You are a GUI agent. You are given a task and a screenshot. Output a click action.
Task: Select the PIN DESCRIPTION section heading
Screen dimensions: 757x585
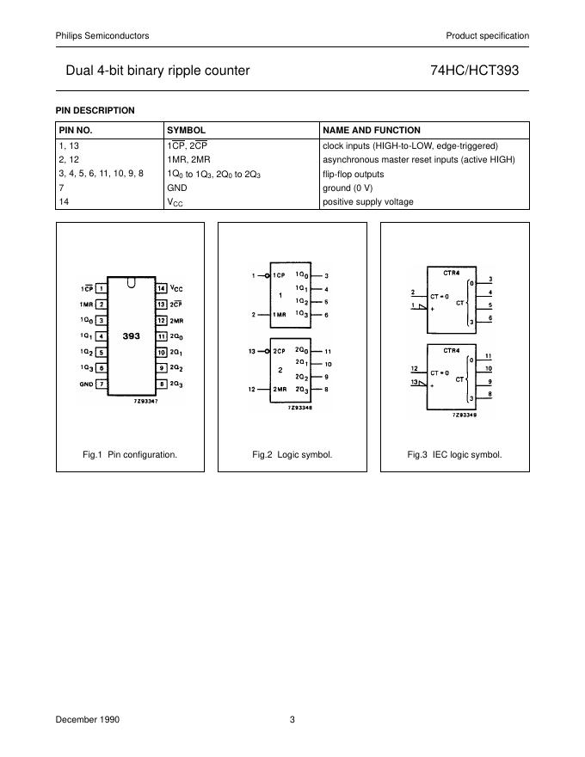(95, 110)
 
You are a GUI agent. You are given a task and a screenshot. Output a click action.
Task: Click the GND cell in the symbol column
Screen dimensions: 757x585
(176, 188)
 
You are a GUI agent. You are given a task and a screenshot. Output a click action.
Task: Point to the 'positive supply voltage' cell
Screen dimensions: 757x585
(367, 202)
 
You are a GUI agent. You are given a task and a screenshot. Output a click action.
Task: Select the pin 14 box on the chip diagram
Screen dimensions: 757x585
(161, 287)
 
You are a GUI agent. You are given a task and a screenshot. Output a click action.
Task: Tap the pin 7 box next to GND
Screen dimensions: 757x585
(102, 384)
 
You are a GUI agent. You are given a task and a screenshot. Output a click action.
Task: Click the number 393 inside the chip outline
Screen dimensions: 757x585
(131, 335)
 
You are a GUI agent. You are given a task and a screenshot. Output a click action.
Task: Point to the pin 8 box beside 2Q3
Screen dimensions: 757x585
(161, 384)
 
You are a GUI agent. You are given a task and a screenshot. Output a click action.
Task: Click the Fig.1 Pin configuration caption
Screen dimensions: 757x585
(130, 454)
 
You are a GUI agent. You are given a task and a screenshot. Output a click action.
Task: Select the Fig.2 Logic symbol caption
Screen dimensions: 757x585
(292, 454)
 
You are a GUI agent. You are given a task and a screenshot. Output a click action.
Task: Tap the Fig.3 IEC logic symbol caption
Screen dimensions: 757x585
(454, 454)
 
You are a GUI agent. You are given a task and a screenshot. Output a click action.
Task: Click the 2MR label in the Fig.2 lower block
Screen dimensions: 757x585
(280, 389)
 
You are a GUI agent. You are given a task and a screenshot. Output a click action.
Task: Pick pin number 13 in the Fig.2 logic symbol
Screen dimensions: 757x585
(252, 352)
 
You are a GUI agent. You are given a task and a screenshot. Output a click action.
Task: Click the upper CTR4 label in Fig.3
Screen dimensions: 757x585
(451, 272)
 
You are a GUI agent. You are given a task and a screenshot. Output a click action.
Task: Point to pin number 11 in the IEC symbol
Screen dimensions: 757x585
(489, 356)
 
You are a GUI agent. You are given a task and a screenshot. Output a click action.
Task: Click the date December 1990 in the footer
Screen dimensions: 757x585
(88, 719)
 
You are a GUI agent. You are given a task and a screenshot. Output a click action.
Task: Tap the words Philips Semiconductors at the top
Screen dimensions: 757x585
(102, 35)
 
